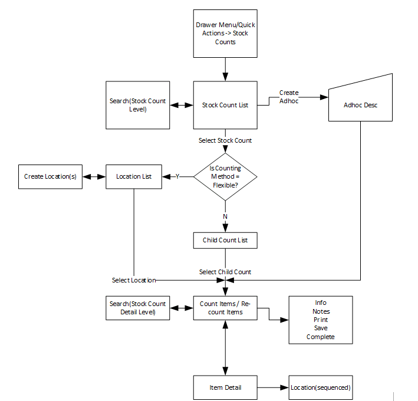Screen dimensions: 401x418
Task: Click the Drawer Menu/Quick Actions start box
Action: pos(225,34)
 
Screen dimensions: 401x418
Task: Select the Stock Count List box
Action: pos(225,105)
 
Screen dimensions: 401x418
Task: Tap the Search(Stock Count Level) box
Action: pos(137,105)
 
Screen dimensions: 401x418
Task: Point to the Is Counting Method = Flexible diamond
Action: pos(225,176)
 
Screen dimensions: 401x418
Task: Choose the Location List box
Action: pos(134,176)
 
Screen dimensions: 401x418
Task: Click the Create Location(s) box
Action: pos(50,176)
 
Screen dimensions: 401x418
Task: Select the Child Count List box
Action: pos(225,240)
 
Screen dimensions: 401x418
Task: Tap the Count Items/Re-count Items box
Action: pos(225,308)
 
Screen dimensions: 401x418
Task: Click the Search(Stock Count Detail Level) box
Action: pos(137,308)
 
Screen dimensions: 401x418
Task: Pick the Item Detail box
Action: pos(225,387)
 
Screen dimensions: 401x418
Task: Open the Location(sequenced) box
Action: pos(321,387)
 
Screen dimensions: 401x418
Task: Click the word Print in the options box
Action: pos(321,320)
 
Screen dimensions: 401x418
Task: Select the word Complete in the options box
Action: pos(321,337)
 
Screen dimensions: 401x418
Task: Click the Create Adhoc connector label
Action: pos(289,97)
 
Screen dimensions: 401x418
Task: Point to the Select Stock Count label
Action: pos(225,140)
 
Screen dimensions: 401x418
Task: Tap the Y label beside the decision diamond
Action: pos(177,176)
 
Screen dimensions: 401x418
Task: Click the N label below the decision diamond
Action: pos(225,216)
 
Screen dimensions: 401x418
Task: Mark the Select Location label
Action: pos(134,280)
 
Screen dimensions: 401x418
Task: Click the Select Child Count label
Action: pos(225,272)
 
